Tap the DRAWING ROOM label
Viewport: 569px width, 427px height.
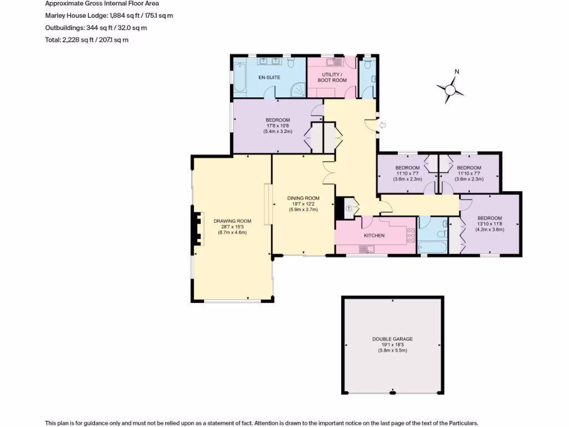229,221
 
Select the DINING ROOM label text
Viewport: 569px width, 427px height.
303,198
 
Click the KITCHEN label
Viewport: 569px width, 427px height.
374,236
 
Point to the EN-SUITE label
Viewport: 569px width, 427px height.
269,77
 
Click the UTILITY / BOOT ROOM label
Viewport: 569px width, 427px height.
332,77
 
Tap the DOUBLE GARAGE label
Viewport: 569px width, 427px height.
392,339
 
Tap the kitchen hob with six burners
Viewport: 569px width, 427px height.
411,236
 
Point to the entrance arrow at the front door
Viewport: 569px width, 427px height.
382,126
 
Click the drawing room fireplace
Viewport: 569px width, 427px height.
197,228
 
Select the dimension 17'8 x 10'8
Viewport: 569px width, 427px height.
277,126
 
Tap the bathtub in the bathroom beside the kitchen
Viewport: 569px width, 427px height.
430,246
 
